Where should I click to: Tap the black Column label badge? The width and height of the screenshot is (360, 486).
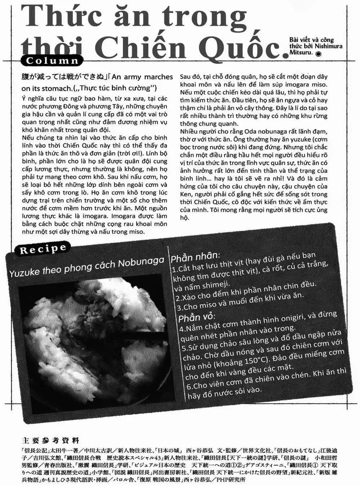(52, 61)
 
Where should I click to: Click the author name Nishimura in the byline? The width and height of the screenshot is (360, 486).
(328, 46)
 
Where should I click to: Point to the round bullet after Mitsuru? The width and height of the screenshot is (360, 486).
(318, 53)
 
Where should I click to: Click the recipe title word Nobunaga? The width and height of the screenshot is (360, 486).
(141, 263)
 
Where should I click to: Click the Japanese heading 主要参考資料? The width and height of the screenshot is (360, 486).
(50, 441)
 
